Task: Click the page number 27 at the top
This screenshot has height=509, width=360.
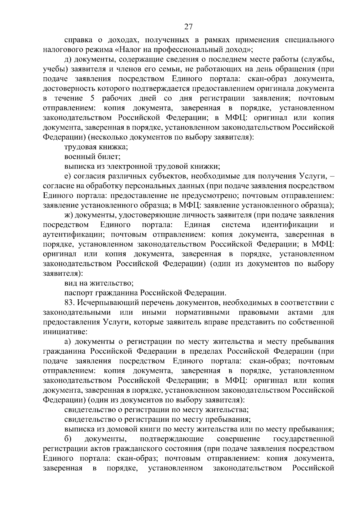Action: pos(188,27)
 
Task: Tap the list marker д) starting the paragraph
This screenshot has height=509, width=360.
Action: pos(68,59)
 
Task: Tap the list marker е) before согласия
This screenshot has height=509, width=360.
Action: pos(67,176)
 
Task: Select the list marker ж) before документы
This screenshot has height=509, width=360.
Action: pos(68,215)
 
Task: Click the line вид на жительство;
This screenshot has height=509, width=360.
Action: pos(99,283)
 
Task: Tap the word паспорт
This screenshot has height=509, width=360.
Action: pos(79,293)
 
